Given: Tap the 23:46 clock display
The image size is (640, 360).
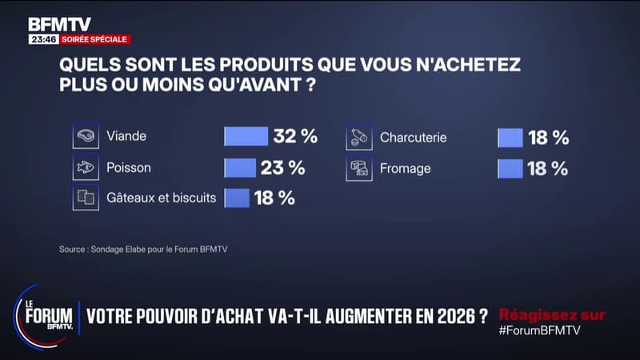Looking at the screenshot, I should [42, 38].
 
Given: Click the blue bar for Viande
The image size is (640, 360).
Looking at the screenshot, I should [246, 137].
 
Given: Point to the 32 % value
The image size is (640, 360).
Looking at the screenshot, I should [295, 137].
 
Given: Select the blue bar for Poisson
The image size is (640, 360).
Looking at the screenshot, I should [239, 168].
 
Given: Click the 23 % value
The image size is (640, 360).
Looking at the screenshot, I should [282, 168].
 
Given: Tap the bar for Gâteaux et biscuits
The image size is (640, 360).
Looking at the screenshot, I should [236, 198].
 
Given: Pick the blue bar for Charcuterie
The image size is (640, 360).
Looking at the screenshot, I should [510, 138].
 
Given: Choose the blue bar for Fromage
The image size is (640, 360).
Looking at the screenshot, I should [510, 168].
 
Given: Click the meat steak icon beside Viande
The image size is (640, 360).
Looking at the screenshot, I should [86, 137].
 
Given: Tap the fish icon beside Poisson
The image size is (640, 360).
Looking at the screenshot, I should [86, 168].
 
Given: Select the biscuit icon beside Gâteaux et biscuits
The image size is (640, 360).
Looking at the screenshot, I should [86, 198].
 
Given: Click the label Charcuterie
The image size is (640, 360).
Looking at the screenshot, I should [414, 138].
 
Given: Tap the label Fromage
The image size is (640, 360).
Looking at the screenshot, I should [405, 168].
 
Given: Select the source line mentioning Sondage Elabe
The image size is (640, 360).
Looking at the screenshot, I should [144, 249].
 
